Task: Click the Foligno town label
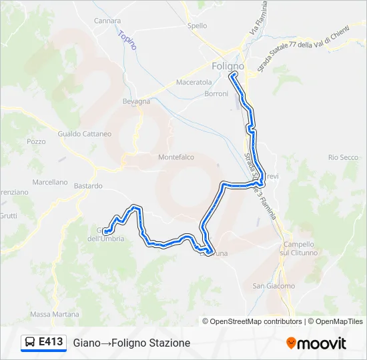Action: tap(228, 67)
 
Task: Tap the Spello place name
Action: tap(198, 26)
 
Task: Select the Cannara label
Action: tap(107, 21)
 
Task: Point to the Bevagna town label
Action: tap(137, 101)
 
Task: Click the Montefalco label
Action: tap(176, 157)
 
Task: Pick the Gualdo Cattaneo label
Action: tap(85, 133)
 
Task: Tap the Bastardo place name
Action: tap(88, 186)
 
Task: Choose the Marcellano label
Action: tap(50, 182)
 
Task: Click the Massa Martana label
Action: tap(55, 314)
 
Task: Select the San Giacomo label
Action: tap(273, 286)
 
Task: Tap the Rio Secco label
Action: tap(344, 157)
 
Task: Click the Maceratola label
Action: tap(194, 82)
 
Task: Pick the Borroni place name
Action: tap(216, 94)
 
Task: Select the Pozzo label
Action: tap(36, 141)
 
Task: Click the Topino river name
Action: tap(127, 41)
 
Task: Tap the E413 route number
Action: tap(51, 342)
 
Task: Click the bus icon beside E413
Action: tap(30, 343)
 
